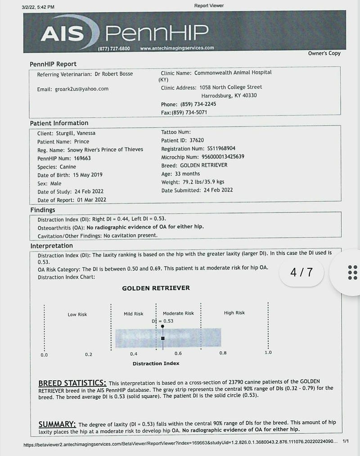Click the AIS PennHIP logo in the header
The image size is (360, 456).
125,32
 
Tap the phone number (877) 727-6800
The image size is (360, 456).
114,48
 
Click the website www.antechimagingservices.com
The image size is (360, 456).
177,48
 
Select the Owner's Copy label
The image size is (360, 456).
324,53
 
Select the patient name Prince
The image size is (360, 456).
82,141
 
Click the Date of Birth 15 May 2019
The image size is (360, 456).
83,175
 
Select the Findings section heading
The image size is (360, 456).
43,210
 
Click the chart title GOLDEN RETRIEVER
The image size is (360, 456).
156,288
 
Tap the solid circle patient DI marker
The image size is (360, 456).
162,325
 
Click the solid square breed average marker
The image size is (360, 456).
163,338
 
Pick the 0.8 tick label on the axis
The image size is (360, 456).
223,353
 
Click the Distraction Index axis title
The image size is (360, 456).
156,363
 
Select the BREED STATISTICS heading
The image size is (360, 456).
72,384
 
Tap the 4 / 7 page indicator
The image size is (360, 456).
301,272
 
